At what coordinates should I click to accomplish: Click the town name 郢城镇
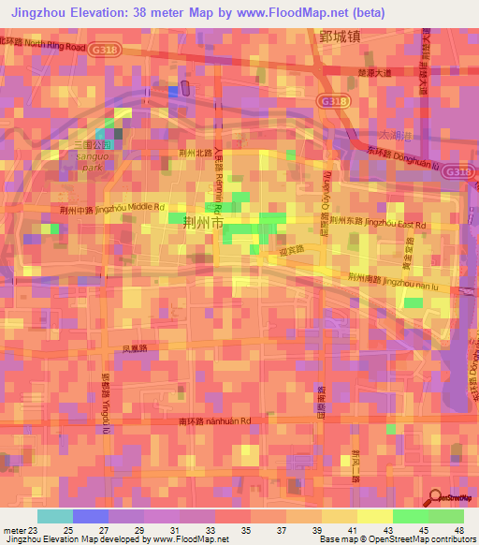tap(339, 37)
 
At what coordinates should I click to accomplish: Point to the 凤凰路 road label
tap(136, 348)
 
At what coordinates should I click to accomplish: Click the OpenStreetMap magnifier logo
tap(435, 497)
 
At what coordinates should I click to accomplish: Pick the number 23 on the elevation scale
tap(34, 529)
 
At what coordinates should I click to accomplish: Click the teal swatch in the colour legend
tap(54, 516)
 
